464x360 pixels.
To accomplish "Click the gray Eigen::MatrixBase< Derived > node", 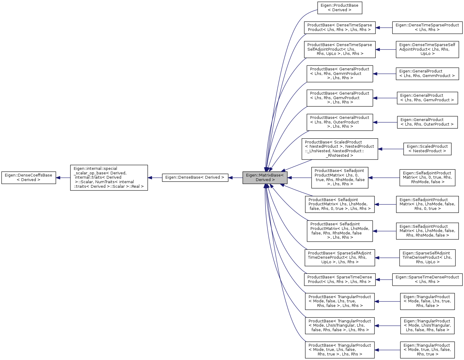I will (265, 177).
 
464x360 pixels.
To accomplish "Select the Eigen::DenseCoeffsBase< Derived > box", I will (29, 177).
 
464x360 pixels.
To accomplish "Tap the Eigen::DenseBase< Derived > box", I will (195, 177).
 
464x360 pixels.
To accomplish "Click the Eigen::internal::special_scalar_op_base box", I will (109, 177).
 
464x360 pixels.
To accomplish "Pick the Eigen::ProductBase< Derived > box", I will (340, 8).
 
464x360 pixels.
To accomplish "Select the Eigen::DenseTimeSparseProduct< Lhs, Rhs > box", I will (427, 27).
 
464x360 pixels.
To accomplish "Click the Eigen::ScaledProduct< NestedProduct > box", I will (427, 149).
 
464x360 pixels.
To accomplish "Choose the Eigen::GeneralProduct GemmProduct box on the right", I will (427, 73).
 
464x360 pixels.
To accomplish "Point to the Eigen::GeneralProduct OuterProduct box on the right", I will (427, 122).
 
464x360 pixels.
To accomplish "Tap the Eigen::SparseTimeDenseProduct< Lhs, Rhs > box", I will (427, 279).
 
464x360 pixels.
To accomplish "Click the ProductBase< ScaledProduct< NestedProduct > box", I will (340, 149).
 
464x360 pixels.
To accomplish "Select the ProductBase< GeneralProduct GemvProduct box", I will (340, 98).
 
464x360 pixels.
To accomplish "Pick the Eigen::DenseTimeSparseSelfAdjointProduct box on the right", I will (427, 49).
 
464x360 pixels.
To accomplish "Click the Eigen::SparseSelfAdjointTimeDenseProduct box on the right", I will (427, 257).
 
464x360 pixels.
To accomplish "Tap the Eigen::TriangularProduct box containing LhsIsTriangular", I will (427, 325).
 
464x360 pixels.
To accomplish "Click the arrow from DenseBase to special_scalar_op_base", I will (155, 178).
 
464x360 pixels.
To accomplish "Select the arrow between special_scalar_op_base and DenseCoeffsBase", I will (63, 178).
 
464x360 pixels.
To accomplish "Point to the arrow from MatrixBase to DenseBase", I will (235, 178).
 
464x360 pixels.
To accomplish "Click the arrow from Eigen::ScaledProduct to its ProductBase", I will (391, 149).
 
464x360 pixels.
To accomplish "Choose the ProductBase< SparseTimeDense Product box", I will (340, 279).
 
